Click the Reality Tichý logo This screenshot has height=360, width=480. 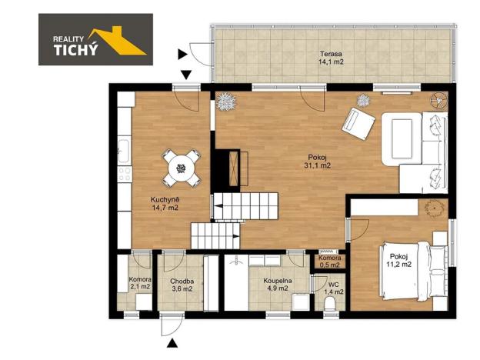point(96,39)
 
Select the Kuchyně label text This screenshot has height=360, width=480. point(165,199)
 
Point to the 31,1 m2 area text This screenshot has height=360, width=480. point(318,165)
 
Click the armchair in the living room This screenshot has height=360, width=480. point(357,121)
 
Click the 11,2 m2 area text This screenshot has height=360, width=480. point(399,264)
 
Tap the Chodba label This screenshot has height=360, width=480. point(182,281)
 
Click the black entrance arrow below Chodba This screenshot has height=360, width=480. point(173,343)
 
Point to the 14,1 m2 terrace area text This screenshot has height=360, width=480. point(332,63)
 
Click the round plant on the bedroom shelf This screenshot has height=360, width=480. point(433,207)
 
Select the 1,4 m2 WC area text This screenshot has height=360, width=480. point(333,292)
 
